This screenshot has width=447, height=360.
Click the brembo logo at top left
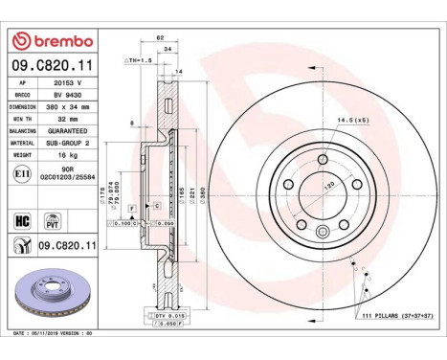click(x=52, y=41)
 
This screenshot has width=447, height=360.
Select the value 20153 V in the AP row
click(x=68, y=84)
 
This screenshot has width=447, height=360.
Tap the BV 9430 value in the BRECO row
click(x=68, y=97)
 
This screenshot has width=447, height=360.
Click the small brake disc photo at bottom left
click(x=52, y=297)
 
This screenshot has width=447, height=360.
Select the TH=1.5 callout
click(x=140, y=60)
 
